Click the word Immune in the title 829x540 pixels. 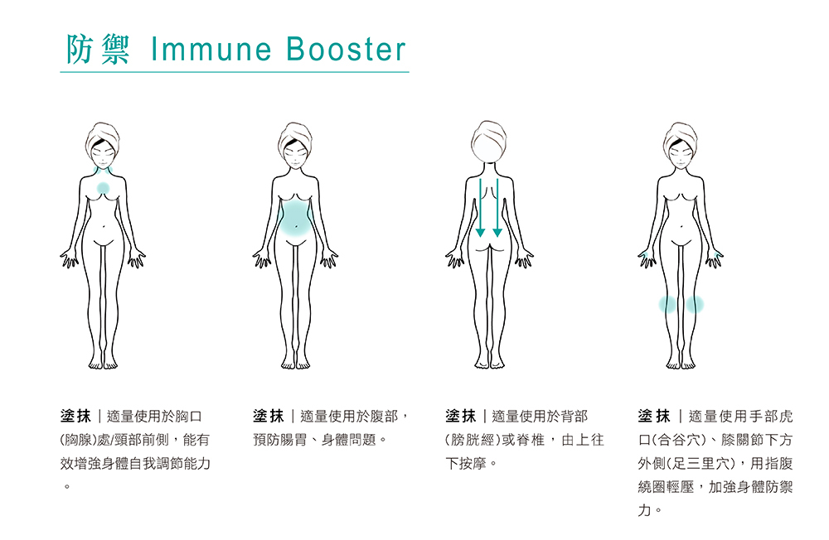[x=211, y=50]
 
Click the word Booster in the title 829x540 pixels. [x=347, y=50]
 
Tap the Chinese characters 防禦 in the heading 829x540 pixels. [x=98, y=50]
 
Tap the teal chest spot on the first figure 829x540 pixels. [x=103, y=189]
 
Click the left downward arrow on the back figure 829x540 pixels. [x=480, y=207]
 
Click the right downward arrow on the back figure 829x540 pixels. [x=497, y=207]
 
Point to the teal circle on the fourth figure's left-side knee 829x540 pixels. [x=668, y=305]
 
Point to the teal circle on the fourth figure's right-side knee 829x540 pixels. [x=695, y=305]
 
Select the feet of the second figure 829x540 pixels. [x=295, y=362]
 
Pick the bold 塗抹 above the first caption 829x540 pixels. [x=76, y=416]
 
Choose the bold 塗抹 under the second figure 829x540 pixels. [x=269, y=416]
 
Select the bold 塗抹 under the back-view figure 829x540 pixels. [x=461, y=416]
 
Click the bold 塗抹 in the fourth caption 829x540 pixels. [x=654, y=416]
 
